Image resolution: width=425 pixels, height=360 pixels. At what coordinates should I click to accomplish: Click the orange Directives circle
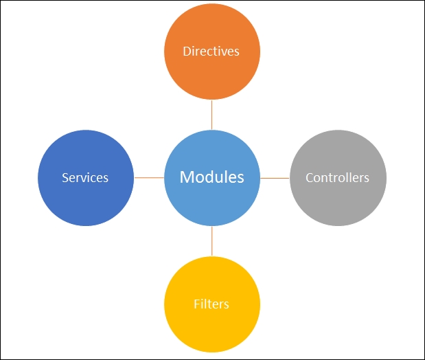pos(212,52)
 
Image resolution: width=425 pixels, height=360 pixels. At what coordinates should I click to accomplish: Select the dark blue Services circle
pos(86,178)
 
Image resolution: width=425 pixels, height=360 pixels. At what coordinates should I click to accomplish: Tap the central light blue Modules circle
pos(212,178)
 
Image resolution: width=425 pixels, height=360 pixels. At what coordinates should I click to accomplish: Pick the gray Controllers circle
pos(338,178)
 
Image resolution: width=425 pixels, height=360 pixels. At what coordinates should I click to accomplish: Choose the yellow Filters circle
pos(212,304)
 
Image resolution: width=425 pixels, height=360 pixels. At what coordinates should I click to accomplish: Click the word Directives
pos(211,52)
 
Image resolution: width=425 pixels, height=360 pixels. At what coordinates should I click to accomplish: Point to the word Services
pos(85,178)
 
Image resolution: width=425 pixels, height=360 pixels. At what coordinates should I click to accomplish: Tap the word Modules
pos(212,177)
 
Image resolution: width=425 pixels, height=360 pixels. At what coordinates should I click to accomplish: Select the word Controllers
pos(337,178)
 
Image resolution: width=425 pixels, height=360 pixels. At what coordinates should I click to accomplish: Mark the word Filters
pos(211,304)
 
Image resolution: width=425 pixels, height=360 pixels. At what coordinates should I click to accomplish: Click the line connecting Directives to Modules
pos(211,115)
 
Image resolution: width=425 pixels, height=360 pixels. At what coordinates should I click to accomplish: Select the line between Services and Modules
pos(149,178)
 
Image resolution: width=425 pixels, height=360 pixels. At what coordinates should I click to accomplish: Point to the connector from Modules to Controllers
pos(275,178)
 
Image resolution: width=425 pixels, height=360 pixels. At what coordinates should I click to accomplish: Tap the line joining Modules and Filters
pos(211,241)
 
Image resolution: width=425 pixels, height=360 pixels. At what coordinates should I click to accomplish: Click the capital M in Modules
pos(186,177)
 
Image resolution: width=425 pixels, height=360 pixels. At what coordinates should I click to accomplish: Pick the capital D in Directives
pos(187,52)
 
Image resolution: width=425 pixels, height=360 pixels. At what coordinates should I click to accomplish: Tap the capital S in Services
pos(65,178)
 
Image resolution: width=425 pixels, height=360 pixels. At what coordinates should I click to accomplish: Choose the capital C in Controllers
pos(309,178)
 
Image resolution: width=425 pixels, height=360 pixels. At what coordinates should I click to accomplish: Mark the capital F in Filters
pos(197,304)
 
